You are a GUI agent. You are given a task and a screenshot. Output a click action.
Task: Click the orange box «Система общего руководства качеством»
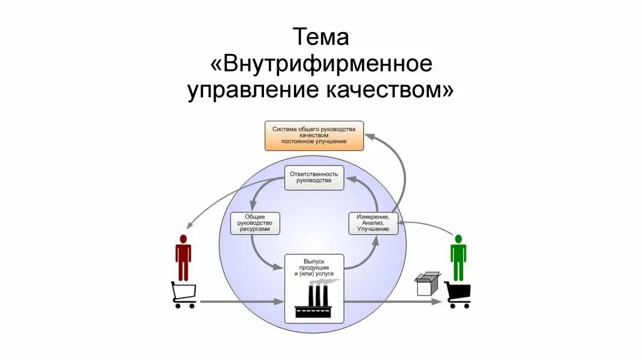click(313, 135)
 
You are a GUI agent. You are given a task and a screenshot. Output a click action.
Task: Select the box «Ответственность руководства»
click(314, 177)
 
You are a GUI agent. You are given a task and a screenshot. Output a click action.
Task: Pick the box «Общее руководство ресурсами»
click(255, 223)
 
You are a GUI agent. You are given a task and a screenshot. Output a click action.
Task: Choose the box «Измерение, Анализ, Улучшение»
click(374, 223)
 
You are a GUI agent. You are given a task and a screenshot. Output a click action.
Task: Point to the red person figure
click(183, 257)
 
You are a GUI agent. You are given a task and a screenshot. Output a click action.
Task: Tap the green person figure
click(458, 257)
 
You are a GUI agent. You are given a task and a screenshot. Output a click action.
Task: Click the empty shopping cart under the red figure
click(184, 295)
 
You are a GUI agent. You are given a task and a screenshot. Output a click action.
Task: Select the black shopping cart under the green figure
click(458, 295)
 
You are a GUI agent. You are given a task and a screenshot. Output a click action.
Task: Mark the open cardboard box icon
click(428, 283)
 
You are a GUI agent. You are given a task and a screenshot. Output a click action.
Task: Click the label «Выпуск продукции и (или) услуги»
click(314, 267)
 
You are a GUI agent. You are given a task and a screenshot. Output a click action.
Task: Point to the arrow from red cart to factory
click(238, 302)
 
